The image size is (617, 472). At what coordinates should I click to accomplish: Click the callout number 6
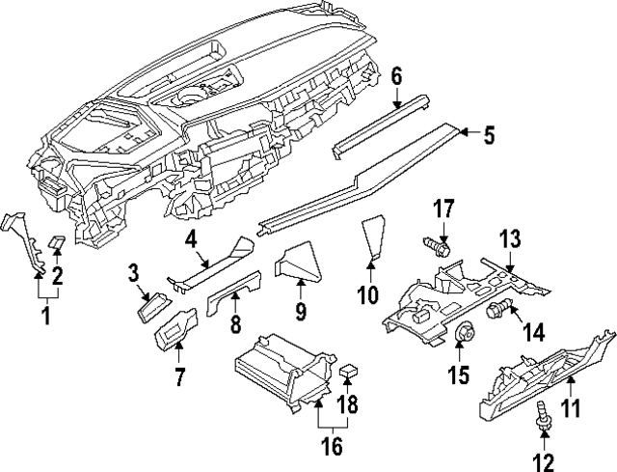coord(396,74)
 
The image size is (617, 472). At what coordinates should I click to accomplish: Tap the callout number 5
coord(488,136)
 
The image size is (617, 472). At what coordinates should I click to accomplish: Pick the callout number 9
coord(300,312)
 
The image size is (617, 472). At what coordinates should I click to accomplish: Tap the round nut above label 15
coord(462,334)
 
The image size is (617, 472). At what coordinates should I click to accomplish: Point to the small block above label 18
coord(349,370)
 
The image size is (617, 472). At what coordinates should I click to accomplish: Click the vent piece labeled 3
coord(154,307)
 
